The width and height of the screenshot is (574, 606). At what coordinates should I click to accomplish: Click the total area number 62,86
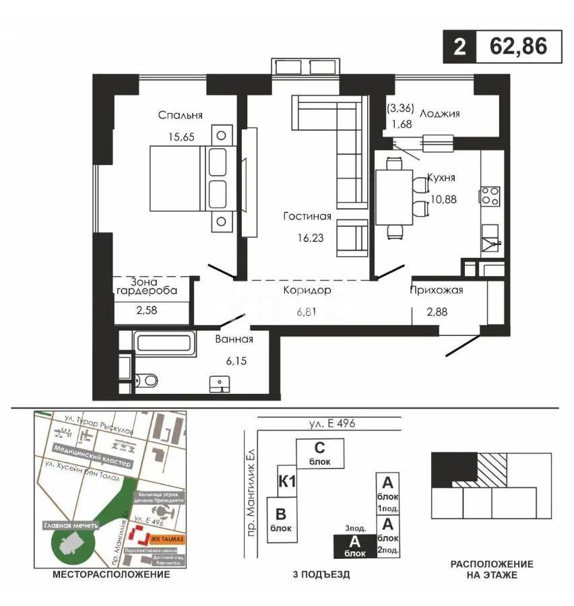(x=518, y=47)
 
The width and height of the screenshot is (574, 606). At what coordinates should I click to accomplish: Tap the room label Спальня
(x=181, y=115)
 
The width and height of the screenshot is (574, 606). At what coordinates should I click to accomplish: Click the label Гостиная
(x=307, y=216)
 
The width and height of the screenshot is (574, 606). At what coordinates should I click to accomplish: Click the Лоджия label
(x=439, y=114)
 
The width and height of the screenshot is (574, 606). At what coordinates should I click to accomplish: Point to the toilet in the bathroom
(x=147, y=380)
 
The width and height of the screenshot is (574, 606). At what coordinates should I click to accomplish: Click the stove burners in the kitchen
(x=489, y=196)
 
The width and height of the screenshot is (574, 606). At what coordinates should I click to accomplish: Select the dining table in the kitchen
(x=393, y=197)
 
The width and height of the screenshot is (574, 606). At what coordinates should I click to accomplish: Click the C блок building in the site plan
(x=320, y=454)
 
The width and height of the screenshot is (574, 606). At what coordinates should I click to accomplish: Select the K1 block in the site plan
(x=288, y=481)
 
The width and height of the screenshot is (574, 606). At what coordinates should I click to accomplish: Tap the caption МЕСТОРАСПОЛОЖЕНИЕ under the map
(x=110, y=575)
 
